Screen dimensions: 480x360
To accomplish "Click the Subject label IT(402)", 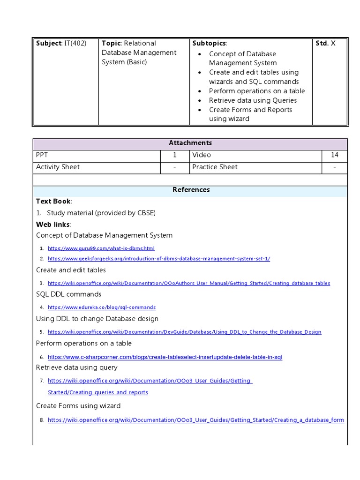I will tap(61, 43).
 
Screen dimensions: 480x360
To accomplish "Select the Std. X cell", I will tap(325, 43).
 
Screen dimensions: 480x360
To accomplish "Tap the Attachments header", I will tap(190, 143).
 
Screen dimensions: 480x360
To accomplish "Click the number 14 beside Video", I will tap(334, 155).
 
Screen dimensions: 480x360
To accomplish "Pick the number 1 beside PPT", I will tap(175, 155).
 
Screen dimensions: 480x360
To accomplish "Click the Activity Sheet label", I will tap(58, 167).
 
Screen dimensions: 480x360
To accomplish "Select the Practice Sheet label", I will tap(215, 167).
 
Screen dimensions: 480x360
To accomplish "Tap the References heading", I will tap(191, 190).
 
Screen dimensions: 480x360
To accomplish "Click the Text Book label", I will tap(53, 201).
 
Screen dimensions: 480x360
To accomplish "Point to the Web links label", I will tap(53, 225).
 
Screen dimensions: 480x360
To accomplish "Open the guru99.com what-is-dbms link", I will tap(101, 248).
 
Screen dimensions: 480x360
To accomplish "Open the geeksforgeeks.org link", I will tap(159, 259).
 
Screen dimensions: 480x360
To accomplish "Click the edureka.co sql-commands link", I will tap(102, 307).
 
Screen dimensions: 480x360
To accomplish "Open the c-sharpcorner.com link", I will tap(165, 357).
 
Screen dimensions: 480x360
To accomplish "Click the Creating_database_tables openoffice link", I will tap(189, 283).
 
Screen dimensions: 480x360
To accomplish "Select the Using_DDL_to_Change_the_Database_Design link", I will tap(184, 332).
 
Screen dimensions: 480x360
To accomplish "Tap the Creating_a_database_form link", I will tap(196, 420).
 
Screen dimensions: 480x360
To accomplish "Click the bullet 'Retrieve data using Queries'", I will tap(253, 100).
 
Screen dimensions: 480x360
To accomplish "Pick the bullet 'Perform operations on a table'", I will tap(257, 91).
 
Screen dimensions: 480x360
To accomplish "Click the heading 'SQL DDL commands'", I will tap(68, 294).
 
